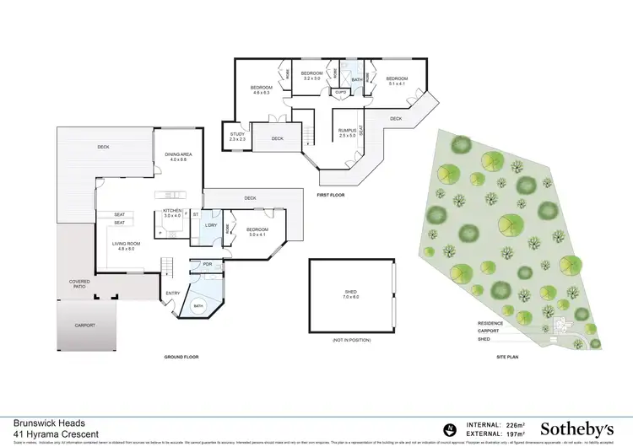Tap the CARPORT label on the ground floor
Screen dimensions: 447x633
[84, 325]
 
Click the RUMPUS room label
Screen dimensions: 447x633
[348, 132]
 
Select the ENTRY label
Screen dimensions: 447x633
[172, 294]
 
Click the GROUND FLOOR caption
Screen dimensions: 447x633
[181, 358]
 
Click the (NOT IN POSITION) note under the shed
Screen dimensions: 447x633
[350, 340]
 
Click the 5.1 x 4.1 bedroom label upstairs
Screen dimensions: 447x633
[398, 81]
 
